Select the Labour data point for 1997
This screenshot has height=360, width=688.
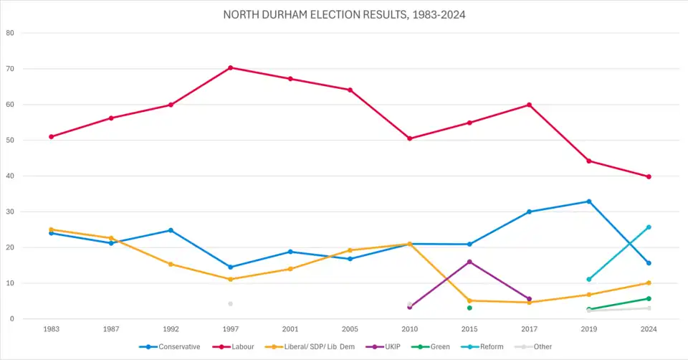tap(230, 67)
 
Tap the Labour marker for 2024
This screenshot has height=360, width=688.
tap(649, 176)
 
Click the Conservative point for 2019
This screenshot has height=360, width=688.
tap(589, 202)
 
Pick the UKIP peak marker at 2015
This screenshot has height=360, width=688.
tap(469, 262)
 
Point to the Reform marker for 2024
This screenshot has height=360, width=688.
tap(649, 227)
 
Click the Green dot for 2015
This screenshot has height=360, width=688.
tap(469, 308)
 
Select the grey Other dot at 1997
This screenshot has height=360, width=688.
tap(230, 303)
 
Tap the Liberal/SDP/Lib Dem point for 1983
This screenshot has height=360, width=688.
tap(51, 229)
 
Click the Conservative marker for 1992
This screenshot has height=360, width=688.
tap(171, 230)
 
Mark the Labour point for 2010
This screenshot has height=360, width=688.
tap(409, 138)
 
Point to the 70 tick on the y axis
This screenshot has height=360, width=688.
tap(10, 69)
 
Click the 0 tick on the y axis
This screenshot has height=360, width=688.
tap(12, 319)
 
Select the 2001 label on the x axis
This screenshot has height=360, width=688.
tap(290, 330)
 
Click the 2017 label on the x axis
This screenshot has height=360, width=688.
tap(529, 330)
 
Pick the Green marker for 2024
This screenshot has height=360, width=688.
tap(649, 298)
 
